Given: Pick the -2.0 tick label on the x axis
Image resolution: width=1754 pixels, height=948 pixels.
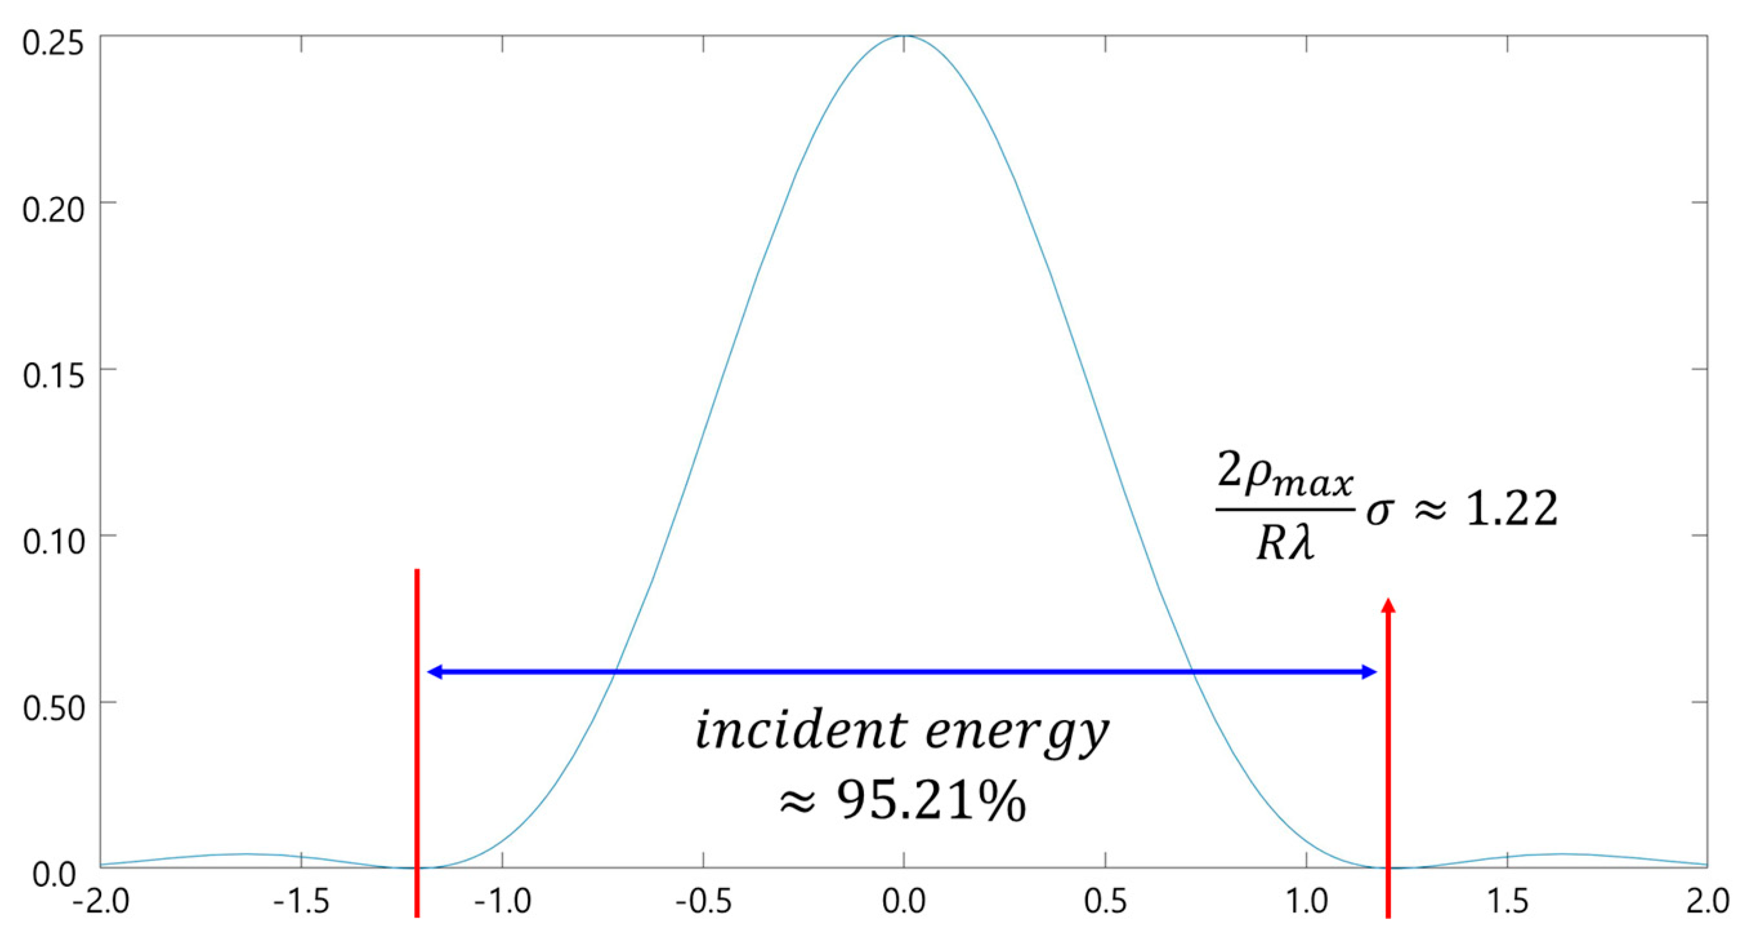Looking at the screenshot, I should pos(100,902).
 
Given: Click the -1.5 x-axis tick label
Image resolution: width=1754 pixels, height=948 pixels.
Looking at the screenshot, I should pos(301,902).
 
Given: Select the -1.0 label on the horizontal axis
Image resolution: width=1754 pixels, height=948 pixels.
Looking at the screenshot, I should pos(502,902).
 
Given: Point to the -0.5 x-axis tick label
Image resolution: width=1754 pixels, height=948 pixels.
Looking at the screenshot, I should pos(703,902).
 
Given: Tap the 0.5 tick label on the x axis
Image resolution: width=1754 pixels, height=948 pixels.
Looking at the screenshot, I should pos(1105,902).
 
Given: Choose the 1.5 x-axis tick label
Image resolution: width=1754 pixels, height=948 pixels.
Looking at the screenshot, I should pos(1507,902).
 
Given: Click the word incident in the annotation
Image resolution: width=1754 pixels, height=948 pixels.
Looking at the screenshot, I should pos(799,730).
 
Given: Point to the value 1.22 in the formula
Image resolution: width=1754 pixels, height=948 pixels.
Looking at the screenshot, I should pos(1511,508).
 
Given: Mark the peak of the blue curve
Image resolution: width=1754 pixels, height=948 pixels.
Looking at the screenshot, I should pos(904,36).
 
